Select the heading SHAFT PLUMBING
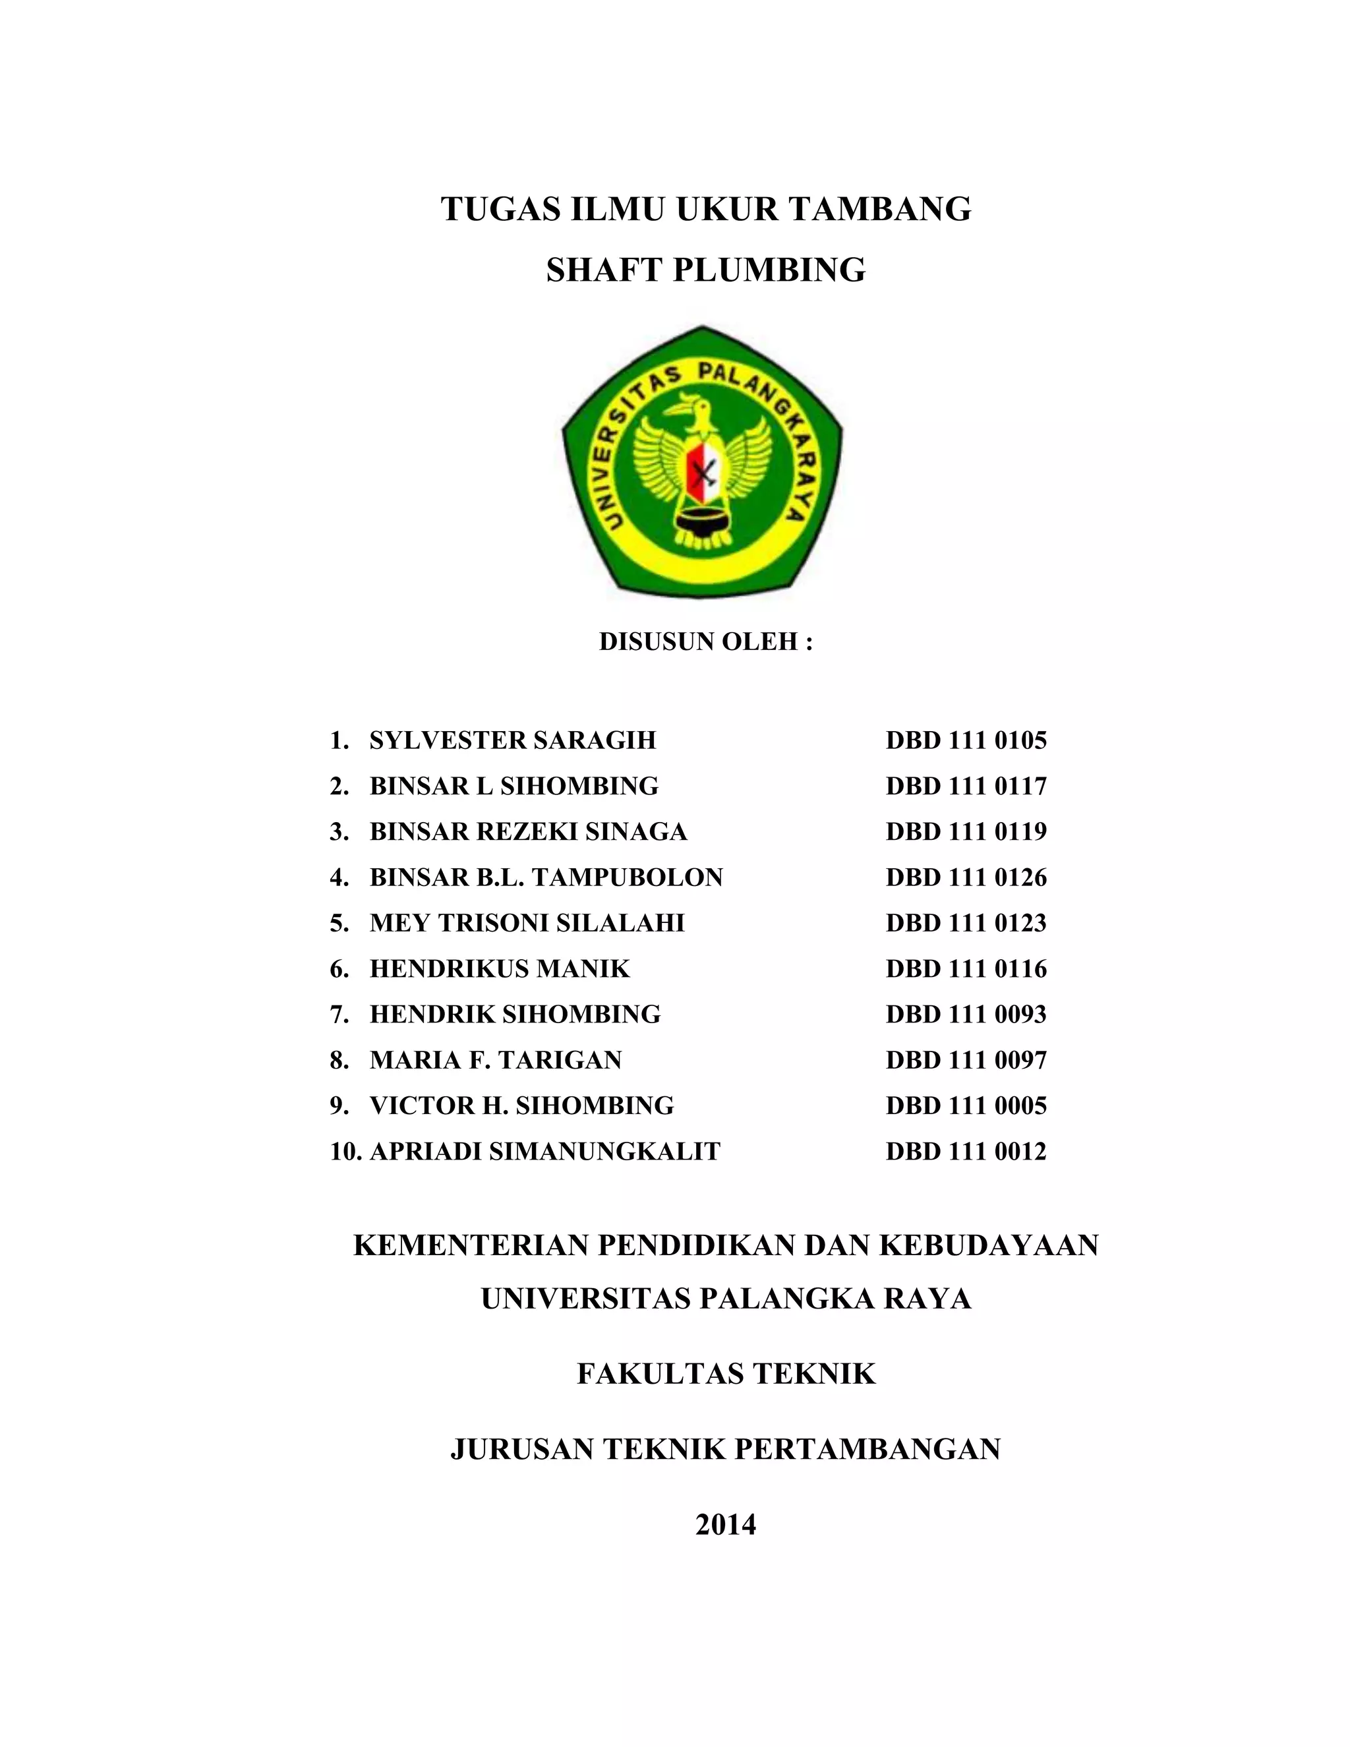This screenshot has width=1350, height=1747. tap(705, 270)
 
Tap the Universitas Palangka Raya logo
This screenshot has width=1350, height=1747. tap(702, 465)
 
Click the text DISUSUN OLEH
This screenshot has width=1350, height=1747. tap(705, 641)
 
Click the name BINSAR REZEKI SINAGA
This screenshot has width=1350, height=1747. tap(528, 832)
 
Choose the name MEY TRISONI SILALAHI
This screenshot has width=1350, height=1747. tap(527, 923)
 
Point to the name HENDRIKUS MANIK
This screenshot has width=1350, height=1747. tap(500, 968)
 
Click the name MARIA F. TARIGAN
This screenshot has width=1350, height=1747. tap(496, 1060)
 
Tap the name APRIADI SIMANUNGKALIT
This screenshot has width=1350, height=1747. tap(544, 1151)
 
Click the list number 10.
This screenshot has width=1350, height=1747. tap(345, 1151)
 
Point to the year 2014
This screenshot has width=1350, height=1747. tap(725, 1525)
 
